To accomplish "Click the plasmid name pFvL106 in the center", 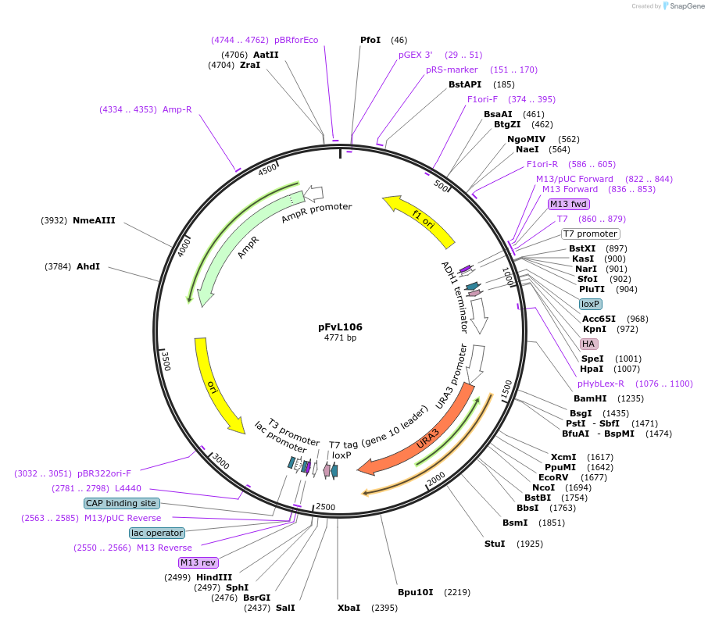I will coord(340,327).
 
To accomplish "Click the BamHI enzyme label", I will coord(590,398).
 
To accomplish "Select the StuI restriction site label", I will coord(495,543).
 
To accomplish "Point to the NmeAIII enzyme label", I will coord(94,220).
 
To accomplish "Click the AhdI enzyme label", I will coord(88,266).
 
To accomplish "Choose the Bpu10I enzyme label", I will coord(415,592).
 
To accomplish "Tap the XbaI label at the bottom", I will coord(349,607).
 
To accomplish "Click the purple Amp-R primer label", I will coord(177,109).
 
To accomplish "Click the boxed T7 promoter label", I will coord(590,234).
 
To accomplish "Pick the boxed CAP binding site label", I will coord(121,503).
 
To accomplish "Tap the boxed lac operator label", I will coord(157,533).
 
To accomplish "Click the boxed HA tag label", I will coord(588,344).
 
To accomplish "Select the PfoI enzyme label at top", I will coord(371,40).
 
